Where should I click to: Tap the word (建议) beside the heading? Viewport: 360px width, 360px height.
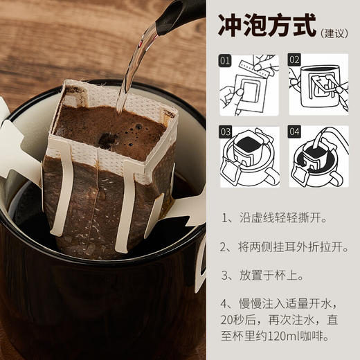click(335, 32)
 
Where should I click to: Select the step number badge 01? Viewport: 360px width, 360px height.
click(225, 61)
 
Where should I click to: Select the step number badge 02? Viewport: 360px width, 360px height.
click(294, 61)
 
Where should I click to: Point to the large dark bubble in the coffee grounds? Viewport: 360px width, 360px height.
click(105, 141)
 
